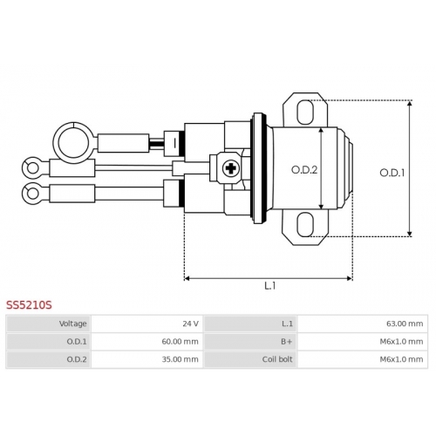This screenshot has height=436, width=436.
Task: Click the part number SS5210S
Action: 29,305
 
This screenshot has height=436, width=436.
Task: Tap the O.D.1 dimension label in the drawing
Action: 392,173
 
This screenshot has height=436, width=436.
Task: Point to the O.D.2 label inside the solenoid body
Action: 304,170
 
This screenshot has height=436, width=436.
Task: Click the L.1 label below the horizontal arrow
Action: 270,286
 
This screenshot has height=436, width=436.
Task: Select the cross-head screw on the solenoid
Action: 231,168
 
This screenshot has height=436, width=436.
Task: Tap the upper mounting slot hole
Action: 305,112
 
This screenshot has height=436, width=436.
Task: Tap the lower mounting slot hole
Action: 305,224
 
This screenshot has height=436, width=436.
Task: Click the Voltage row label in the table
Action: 73,324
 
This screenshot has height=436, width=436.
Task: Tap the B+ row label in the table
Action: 287,342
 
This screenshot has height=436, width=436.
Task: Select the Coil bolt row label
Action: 277,359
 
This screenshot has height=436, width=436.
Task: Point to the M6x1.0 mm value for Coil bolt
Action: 401,359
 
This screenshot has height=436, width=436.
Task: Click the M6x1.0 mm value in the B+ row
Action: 401,342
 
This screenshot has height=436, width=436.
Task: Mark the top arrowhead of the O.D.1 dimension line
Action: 410,103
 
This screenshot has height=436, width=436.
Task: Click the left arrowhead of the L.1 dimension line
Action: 187,278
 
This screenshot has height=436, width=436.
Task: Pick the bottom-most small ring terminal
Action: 31,193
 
